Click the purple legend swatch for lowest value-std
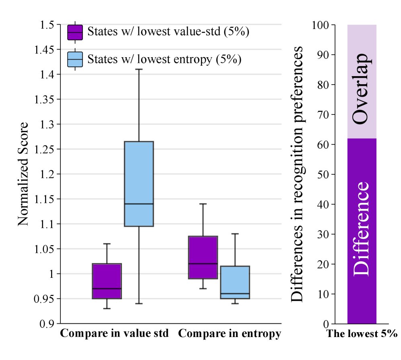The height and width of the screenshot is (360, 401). [75, 32]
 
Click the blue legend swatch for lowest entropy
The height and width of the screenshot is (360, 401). [75, 59]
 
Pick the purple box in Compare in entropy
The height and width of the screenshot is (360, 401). [203, 257]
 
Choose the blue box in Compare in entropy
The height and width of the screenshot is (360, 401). [235, 282]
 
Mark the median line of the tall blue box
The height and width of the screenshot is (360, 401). [139, 204]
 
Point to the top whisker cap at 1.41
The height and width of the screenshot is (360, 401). [139, 69]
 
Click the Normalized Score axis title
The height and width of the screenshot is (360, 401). [24, 174]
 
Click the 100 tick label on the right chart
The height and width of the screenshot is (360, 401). [321, 25]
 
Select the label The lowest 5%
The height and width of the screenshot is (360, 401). [362, 334]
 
